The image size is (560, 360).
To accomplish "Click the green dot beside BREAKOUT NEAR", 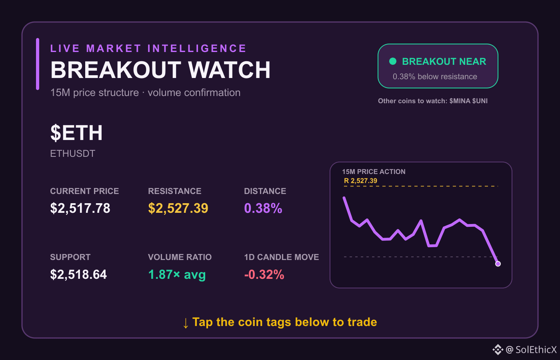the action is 393,61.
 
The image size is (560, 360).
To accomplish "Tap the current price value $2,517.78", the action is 80,208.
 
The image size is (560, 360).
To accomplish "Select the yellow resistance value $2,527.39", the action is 178,208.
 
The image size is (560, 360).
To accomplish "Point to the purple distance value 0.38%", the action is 263,208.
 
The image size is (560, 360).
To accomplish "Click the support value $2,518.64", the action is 78,274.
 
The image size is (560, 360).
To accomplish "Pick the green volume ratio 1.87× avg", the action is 177,274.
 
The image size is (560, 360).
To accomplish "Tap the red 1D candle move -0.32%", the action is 264,274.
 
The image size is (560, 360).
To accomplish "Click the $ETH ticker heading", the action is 76,133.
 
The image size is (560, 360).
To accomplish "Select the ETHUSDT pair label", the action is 73,154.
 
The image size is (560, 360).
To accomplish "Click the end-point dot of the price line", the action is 498,264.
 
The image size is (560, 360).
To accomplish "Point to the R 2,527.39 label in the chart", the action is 360,181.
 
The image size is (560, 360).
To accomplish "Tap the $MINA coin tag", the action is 460,101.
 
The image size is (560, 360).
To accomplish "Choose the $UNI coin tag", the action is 480,101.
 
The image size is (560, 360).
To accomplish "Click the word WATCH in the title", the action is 229,70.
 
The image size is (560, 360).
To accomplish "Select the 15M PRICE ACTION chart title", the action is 374,172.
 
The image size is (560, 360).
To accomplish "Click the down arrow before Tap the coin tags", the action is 186,323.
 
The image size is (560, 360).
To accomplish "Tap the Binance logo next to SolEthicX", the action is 498,350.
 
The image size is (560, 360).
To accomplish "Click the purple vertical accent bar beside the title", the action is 38,64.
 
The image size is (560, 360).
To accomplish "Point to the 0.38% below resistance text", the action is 435,76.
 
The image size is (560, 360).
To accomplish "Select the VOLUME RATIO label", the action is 180,257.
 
